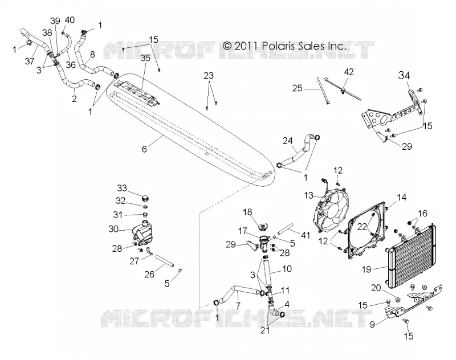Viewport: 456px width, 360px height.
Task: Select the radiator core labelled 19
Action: coord(411,255)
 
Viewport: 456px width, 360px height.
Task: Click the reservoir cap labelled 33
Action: coord(145,199)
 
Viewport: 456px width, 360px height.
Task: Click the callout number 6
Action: coord(144,149)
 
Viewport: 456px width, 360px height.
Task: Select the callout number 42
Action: coord(349,71)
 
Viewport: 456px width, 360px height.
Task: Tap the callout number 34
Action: coord(404,75)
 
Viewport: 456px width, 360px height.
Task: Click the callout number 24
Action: coord(288,141)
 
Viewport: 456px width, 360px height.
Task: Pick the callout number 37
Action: coord(30,61)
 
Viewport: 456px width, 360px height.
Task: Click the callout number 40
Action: coord(70,20)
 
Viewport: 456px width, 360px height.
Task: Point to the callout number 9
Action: coord(372,324)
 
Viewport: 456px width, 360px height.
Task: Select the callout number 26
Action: coord(149,274)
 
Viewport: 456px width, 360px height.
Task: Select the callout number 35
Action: coord(145,58)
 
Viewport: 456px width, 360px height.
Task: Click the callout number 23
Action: coord(209,76)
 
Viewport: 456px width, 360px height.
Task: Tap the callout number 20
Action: coord(376,287)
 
